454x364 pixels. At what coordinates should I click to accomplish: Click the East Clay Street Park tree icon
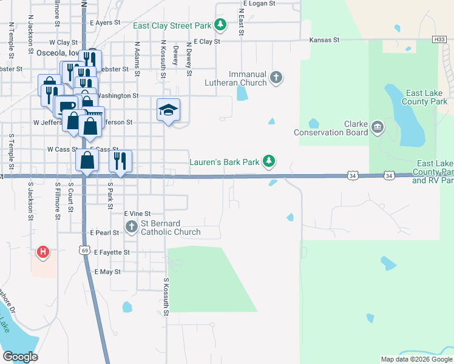click(221, 25)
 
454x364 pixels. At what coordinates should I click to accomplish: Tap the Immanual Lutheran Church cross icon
click(276, 78)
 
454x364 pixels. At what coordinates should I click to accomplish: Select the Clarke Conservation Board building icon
click(377, 127)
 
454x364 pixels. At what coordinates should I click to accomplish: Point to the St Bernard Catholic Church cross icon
click(132, 227)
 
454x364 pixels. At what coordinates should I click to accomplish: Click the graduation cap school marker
click(168, 110)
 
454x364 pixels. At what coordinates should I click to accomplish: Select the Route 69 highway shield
click(84, 249)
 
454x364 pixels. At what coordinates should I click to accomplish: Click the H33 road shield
click(439, 39)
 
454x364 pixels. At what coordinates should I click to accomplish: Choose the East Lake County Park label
click(427, 97)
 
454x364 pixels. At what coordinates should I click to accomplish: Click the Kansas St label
click(324, 39)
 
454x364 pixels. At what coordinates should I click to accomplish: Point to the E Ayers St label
click(101, 22)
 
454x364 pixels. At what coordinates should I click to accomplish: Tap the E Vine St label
click(137, 214)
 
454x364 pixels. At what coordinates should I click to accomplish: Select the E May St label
click(107, 272)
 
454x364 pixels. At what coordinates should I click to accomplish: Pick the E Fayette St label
click(110, 252)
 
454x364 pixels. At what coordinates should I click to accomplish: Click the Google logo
click(20, 357)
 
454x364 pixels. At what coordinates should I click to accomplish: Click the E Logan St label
click(258, 4)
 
